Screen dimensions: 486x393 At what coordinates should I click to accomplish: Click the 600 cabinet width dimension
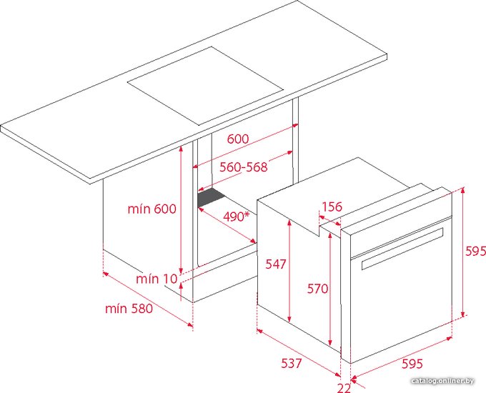pyautogui.click(x=238, y=139)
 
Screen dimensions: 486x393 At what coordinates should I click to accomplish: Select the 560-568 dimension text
pyautogui.click(x=243, y=167)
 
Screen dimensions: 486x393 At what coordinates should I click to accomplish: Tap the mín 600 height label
pyautogui.click(x=152, y=209)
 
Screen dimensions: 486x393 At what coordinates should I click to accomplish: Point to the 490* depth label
pyautogui.click(x=236, y=217)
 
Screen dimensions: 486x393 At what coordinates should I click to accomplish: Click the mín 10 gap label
pyautogui.click(x=157, y=279)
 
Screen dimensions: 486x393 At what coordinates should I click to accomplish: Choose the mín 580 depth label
pyautogui.click(x=129, y=309)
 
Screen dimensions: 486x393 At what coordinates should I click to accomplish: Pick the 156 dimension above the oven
pyautogui.click(x=332, y=207)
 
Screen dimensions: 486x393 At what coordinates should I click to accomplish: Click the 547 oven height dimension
pyautogui.click(x=276, y=264)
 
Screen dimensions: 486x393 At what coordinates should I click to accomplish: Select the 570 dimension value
pyautogui.click(x=318, y=289)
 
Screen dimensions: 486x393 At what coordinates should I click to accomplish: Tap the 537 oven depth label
pyautogui.click(x=292, y=363)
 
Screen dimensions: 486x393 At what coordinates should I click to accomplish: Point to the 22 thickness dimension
pyautogui.click(x=344, y=388)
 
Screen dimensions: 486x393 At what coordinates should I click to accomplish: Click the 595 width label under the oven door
pyautogui.click(x=412, y=364)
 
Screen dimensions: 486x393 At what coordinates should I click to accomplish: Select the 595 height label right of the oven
pyautogui.click(x=476, y=251)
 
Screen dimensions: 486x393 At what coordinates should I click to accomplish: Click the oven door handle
pyautogui.click(x=402, y=249)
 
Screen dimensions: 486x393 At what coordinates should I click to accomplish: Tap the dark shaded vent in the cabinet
pyautogui.click(x=212, y=197)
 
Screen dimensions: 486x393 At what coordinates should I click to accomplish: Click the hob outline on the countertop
pyautogui.click(x=205, y=86)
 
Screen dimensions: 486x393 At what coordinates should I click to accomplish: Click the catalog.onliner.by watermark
pyautogui.click(x=442, y=381)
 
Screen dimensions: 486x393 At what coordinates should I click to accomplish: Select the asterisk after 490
pyautogui.click(x=247, y=214)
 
